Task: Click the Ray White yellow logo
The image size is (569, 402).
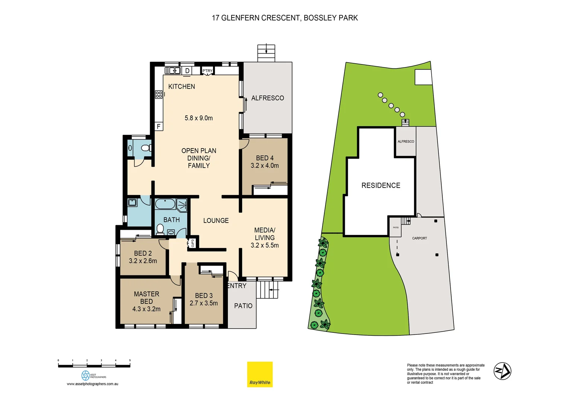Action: [260, 374]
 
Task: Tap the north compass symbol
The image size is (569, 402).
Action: [502, 371]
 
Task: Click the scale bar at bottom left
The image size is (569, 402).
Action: [94, 366]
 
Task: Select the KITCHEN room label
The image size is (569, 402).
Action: [181, 86]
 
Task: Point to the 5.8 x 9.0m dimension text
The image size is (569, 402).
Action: [198, 118]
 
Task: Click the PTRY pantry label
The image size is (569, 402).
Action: [207, 70]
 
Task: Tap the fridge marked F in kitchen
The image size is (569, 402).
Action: [159, 126]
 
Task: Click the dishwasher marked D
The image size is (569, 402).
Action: [187, 71]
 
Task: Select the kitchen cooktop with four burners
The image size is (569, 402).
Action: [159, 95]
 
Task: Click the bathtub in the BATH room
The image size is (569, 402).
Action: [165, 204]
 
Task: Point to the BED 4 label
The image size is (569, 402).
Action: [264, 158]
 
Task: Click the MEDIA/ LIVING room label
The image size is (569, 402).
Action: [264, 234]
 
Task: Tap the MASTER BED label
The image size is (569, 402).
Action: [146, 297]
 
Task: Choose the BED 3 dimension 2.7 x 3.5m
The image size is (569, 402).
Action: [203, 303]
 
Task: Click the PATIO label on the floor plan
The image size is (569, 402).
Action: [243, 306]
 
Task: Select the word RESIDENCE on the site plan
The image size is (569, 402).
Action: [381, 185]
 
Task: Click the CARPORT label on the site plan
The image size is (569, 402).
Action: [419, 238]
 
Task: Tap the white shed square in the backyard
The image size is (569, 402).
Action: [423, 77]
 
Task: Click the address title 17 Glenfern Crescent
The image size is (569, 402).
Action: [284, 18]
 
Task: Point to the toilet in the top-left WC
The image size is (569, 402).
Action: [146, 148]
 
